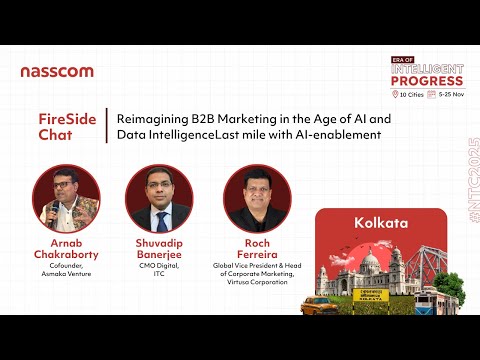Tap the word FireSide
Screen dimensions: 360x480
(x=60, y=119)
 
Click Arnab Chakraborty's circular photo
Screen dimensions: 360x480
(x=66, y=198)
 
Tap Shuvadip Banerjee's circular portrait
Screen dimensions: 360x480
(x=159, y=198)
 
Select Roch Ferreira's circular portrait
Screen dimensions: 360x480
(x=256, y=198)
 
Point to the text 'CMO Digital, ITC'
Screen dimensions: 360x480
(x=159, y=273)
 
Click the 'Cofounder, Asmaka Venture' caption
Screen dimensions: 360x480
(x=66, y=273)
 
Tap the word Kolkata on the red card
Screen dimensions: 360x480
(x=381, y=223)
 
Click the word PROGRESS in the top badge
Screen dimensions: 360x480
(x=427, y=80)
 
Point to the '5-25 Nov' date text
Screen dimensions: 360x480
(x=451, y=94)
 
